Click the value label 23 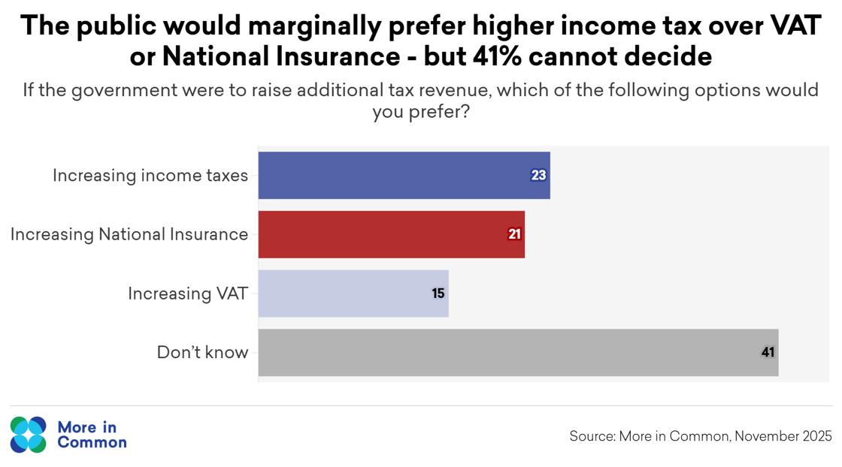click(x=538, y=176)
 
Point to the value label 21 click(x=514, y=234)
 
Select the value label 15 click(x=438, y=294)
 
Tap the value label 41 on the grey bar click(x=768, y=352)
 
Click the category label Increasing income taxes click(x=150, y=176)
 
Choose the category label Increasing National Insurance click(x=129, y=234)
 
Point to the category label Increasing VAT click(x=188, y=294)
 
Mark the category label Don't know click(x=202, y=352)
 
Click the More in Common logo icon click(x=29, y=435)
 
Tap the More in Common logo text click(x=91, y=435)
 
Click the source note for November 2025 click(x=701, y=436)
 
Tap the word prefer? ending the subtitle click(x=421, y=113)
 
